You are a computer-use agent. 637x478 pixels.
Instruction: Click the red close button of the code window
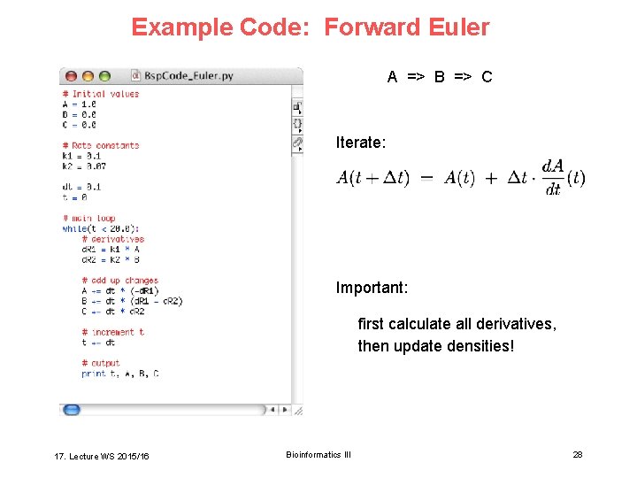click(72, 76)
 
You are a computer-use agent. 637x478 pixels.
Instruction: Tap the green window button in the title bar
click(104, 76)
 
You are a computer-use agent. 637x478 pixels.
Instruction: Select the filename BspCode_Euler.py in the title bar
click(188, 76)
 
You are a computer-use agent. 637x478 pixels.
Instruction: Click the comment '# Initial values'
click(101, 94)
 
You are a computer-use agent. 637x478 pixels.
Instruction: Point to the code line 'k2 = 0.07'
click(84, 166)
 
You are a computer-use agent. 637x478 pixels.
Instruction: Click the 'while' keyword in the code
click(74, 228)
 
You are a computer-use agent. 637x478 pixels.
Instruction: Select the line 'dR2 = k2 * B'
click(111, 259)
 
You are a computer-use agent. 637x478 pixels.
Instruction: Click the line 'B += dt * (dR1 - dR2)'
click(131, 301)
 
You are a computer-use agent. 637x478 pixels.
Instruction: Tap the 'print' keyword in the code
click(93, 374)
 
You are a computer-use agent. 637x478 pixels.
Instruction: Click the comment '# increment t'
click(111, 332)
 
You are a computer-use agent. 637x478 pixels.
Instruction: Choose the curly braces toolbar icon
click(297, 124)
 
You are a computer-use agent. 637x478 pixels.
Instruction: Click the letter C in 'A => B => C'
click(487, 77)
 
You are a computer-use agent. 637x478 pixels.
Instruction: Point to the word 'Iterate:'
click(360, 142)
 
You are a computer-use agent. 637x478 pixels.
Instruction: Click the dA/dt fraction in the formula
click(553, 177)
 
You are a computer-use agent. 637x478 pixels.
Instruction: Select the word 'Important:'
click(372, 288)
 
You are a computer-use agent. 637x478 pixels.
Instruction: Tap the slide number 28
click(578, 454)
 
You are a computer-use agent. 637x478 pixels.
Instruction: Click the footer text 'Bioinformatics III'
click(318, 454)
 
